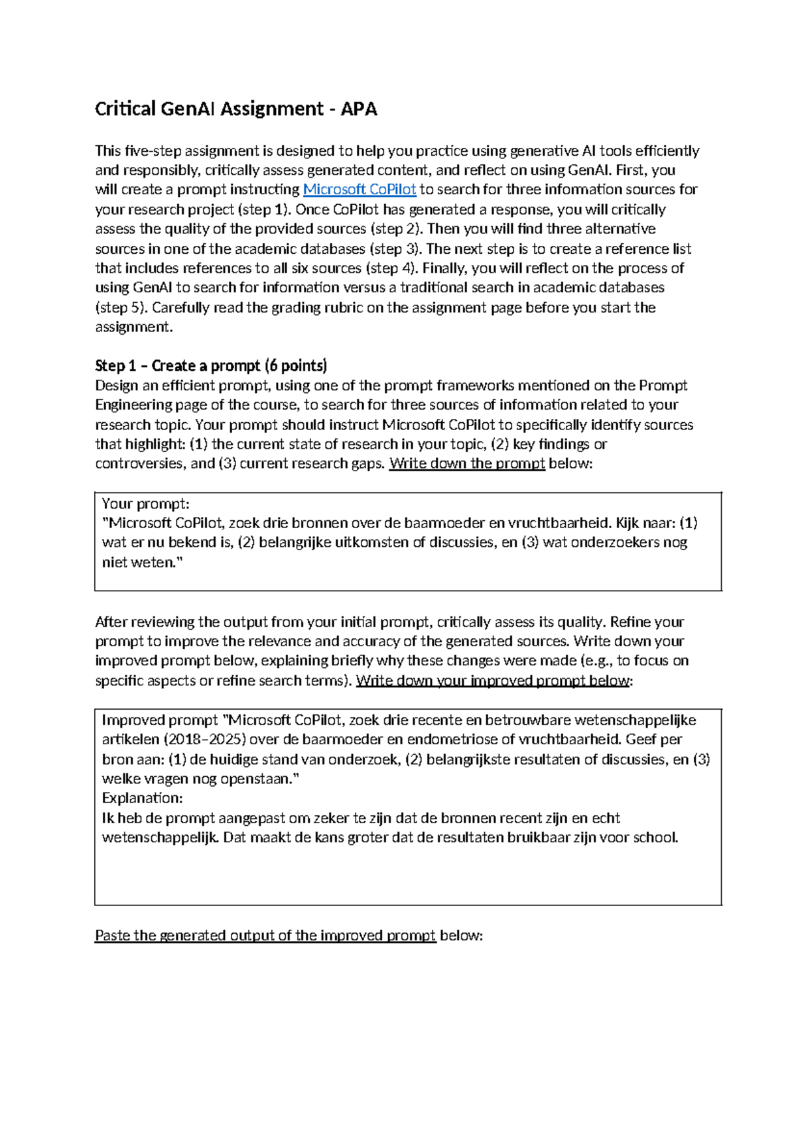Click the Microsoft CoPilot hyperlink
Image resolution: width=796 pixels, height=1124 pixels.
[x=360, y=190]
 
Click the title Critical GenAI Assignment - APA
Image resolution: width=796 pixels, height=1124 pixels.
[x=235, y=109]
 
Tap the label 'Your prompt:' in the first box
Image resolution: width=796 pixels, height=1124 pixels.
[x=145, y=504]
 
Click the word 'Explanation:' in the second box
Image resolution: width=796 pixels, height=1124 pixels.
[x=142, y=798]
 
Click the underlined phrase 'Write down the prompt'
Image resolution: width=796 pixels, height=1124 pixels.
[x=467, y=463]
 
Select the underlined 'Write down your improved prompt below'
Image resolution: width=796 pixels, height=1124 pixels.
[x=493, y=681]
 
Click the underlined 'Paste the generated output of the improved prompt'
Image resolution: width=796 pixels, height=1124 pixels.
[x=265, y=936]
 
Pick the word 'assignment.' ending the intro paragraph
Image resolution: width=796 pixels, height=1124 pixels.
[x=133, y=327]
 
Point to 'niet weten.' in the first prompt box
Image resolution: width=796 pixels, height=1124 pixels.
[x=142, y=563]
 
